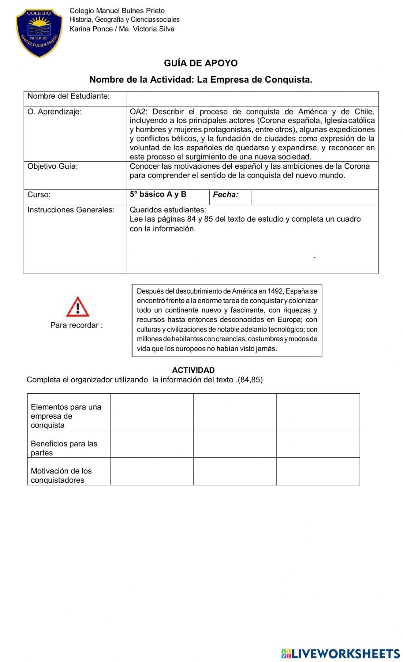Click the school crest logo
39,33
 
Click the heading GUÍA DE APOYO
201,63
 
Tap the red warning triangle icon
77,307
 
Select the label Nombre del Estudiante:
69,96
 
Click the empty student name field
252,99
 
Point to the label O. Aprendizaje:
54,112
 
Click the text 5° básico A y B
158,195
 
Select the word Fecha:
225,195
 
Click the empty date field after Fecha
314,197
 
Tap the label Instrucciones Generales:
71,210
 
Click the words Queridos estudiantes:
168,210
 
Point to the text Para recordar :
76,325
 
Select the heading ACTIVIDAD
193,370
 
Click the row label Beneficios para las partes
64,448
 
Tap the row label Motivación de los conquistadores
61,475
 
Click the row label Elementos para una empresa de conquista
66,416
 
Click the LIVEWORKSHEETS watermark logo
341,654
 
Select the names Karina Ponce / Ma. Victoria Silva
122,29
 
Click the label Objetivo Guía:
53,166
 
